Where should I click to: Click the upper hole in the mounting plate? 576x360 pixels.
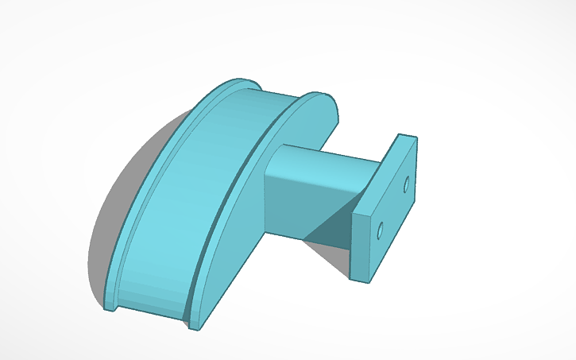[406, 184]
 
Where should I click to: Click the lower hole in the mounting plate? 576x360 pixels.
[380, 231]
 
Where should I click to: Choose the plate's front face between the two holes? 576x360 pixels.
[392, 208]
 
